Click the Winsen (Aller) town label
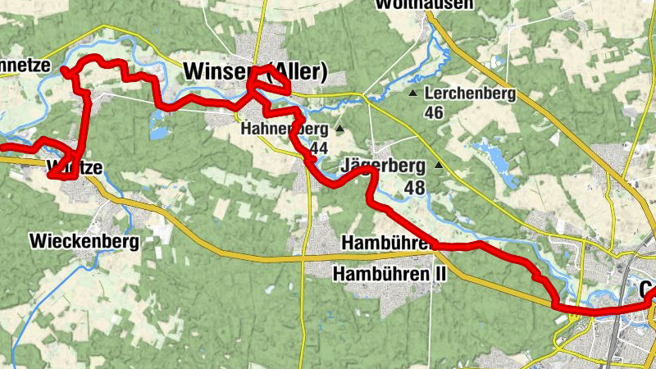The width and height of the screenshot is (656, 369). coord(256,73)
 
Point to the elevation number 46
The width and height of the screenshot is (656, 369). coord(434,112)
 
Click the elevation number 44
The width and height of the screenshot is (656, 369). coord(319,148)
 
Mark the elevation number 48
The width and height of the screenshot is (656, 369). coord(414,188)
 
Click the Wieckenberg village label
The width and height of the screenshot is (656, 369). coord(84,241)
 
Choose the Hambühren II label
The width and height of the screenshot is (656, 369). coord(389,273)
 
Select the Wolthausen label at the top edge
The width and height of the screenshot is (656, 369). coord(424,5)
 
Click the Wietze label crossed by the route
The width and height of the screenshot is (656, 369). coord(75,168)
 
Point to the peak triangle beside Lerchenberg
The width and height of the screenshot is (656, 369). coord(412,93)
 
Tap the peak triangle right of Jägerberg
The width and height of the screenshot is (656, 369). coord(439,166)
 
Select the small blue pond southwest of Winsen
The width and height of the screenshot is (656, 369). coord(156,123)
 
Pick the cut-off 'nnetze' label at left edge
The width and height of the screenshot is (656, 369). coord(25,65)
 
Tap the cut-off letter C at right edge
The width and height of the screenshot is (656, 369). coord(647,292)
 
